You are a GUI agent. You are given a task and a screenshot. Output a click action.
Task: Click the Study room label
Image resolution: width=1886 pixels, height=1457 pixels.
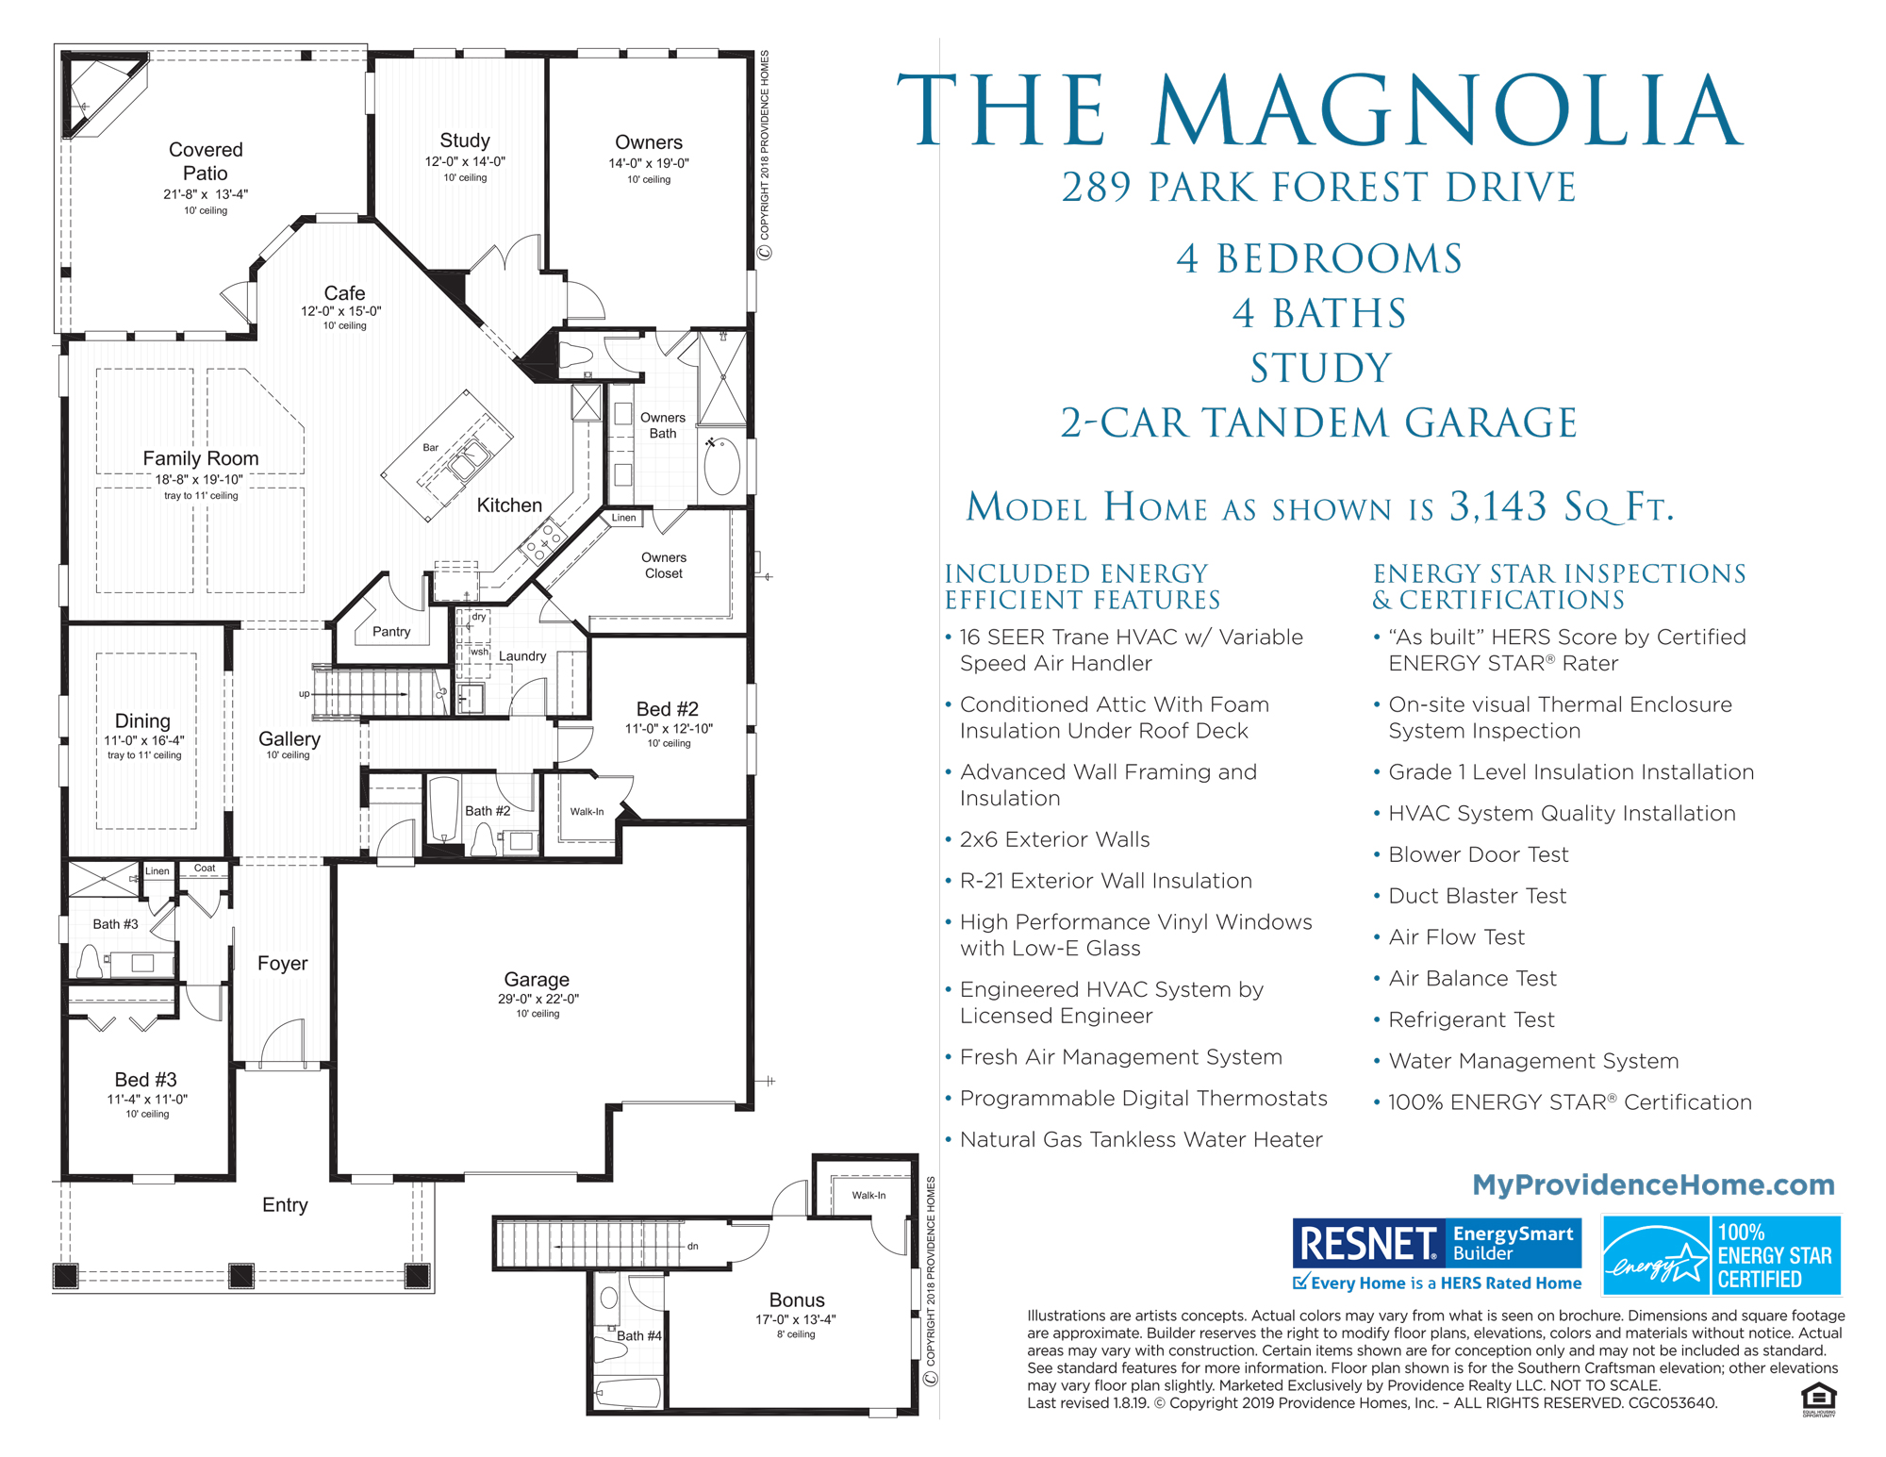coord(465,141)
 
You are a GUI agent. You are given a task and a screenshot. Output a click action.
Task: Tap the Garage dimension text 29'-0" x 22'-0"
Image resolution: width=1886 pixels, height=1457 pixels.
coord(538,999)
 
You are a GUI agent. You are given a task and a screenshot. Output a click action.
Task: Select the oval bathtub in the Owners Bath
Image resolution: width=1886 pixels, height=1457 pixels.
coord(722,466)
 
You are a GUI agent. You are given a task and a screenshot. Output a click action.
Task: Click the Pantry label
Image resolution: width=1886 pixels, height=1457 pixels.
coord(391,632)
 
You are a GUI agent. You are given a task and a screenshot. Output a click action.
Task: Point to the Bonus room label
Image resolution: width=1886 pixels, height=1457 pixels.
coord(797,1300)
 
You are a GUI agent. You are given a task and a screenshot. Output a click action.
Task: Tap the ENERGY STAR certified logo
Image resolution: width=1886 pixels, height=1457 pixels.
coord(1722,1255)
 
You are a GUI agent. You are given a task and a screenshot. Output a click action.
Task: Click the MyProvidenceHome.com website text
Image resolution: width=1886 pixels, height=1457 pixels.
coord(1653,1184)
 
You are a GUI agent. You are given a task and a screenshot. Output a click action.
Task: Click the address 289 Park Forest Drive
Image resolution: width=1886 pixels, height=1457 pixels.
coord(1318,188)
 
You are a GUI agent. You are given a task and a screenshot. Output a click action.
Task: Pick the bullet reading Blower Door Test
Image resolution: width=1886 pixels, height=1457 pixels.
coord(1478,854)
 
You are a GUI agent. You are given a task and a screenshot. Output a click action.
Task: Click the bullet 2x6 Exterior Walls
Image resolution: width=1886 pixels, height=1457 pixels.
coord(1054,839)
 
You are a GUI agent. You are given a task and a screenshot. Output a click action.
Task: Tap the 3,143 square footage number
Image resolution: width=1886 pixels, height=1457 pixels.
coord(1497,507)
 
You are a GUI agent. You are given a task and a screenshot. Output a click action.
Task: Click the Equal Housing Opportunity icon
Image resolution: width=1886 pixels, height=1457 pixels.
coord(1818,1399)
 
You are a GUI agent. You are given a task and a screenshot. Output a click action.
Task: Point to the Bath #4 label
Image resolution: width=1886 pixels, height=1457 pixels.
coord(638,1335)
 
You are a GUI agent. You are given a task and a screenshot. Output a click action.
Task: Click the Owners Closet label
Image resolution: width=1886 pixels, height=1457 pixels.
coord(664,565)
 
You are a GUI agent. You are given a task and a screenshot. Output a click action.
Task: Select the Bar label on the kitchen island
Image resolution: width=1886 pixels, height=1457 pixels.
coord(430,447)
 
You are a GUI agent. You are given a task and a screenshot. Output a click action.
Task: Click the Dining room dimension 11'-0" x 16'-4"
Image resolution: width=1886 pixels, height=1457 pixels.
coord(144,740)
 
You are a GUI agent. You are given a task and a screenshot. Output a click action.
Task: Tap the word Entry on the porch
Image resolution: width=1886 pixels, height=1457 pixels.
coord(285,1205)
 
